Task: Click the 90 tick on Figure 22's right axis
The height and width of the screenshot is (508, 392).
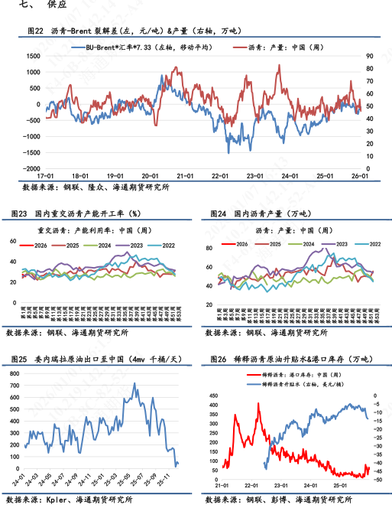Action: click(370, 56)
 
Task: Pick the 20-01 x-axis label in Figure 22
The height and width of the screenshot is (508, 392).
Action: click(151, 176)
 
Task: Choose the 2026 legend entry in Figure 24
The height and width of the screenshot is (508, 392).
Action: click(239, 244)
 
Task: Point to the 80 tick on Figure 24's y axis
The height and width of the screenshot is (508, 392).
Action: click(211, 248)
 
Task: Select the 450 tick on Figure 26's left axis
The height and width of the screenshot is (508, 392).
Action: click(213, 396)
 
